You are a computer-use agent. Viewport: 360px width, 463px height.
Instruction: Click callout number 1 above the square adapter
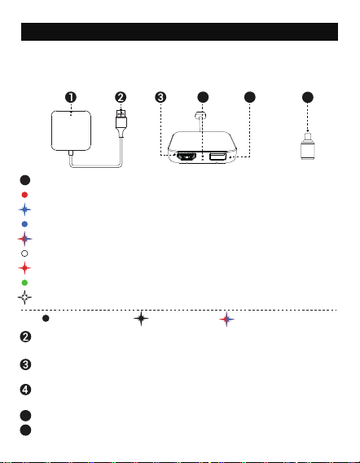pos(71,97)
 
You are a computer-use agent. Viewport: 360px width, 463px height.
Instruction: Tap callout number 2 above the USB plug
pos(121,97)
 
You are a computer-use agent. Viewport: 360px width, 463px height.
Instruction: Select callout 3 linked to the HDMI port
pos(160,97)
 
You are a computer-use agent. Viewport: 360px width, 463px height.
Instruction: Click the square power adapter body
pos(71,130)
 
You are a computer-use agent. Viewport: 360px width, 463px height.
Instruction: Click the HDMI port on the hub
pos(187,157)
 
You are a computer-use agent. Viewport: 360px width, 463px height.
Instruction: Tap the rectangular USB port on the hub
pos(217,156)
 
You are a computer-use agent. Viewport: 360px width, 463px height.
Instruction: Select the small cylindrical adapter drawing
pos(308,146)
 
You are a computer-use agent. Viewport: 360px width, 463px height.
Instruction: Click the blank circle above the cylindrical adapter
pos(308,97)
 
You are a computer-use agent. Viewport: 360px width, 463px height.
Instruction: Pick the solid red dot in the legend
pos(24,195)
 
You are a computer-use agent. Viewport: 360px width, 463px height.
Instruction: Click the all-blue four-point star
pos(24,209)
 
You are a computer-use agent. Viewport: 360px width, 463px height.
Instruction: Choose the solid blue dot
pos(24,224)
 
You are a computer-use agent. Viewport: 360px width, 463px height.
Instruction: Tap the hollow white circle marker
pos(24,254)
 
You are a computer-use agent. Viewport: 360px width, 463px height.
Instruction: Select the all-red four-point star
pos(24,268)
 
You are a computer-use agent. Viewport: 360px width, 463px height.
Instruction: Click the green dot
pos(24,283)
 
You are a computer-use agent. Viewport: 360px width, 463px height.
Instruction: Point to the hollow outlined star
pos(24,298)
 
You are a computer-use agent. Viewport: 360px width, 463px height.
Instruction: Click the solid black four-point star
pos(141,318)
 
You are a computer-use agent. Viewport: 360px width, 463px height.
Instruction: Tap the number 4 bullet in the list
pos(25,390)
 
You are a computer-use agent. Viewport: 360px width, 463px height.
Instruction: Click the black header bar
pos(179,32)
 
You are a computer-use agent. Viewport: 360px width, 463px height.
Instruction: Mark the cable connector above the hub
pos(200,116)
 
